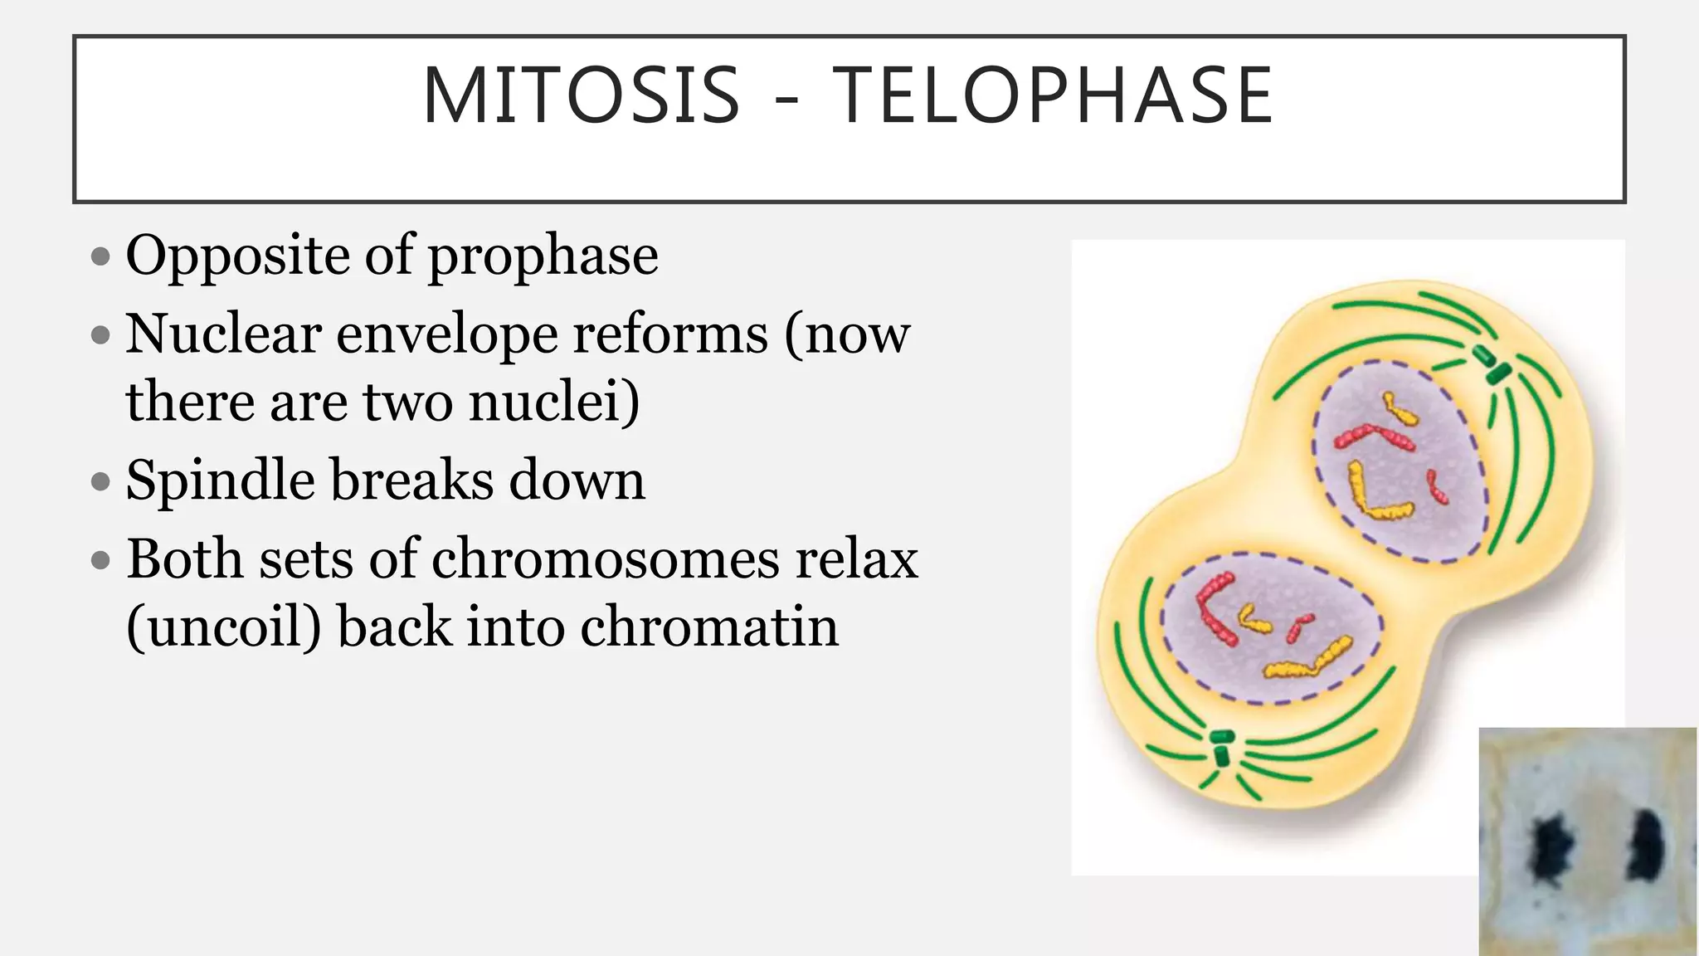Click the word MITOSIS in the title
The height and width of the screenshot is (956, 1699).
581,96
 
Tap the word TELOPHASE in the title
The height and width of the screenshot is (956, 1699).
1052,96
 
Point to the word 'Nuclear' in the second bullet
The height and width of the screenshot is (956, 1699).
223,334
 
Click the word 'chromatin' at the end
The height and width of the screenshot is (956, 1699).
709,627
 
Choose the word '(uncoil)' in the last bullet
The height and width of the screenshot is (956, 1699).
223,627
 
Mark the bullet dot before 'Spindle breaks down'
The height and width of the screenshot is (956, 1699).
100,481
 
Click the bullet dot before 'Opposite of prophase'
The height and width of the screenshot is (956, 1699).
100,256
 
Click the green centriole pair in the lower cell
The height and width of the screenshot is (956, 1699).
1221,747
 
